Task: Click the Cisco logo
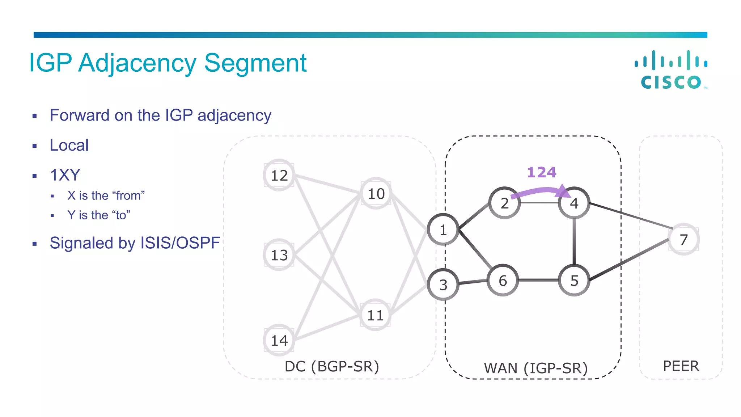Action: (671, 70)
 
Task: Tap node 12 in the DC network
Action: (279, 175)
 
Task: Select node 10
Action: (376, 193)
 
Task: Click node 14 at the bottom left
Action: (279, 340)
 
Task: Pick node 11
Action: (375, 315)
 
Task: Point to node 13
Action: (279, 255)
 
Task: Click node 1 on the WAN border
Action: (443, 230)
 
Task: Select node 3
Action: (443, 285)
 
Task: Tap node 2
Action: (504, 203)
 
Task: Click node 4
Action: (574, 203)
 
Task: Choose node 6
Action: (503, 281)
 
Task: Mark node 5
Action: (574, 281)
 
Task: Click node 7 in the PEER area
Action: (683, 239)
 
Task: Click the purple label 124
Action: (541, 172)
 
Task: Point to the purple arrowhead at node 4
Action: (564, 191)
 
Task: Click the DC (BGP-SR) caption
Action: (332, 366)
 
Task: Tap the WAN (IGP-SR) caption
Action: (535, 368)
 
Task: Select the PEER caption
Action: (681, 366)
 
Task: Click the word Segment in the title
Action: (255, 63)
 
